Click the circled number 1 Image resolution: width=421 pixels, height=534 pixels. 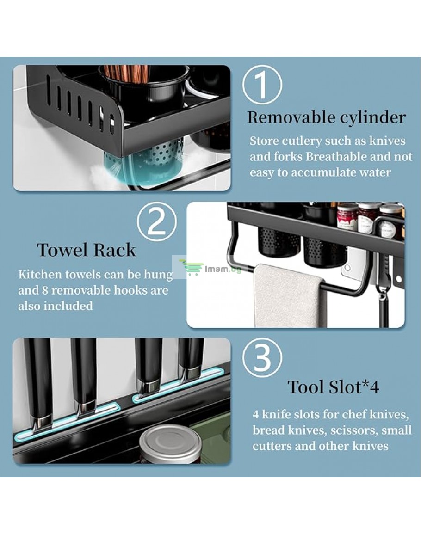coord(262,85)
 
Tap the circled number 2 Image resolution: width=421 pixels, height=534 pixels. coord(157,222)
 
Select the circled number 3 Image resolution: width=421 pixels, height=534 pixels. coord(262,358)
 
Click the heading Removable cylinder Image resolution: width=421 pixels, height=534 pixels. coord(326,118)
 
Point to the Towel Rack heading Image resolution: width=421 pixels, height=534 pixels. coord(87,250)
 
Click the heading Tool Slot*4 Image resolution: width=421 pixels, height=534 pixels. coord(334,387)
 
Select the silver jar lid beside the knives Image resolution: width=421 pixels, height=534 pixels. coord(170,444)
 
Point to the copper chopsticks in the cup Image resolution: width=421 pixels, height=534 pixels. coord(126,75)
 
